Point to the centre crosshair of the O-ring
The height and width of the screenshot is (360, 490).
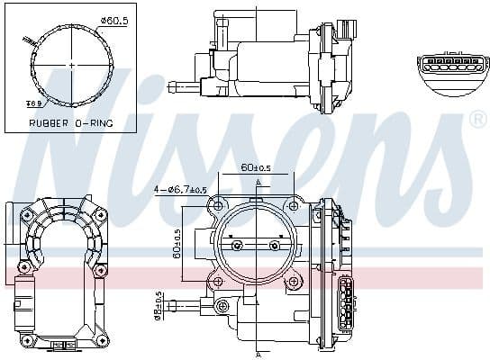point(70,65)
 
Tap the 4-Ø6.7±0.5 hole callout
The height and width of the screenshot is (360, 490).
point(180,189)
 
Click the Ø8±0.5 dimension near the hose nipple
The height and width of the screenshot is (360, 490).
point(159,305)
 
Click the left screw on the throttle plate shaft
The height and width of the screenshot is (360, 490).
point(236,245)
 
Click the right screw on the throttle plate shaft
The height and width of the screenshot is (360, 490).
point(275,245)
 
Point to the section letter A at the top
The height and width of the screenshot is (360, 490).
point(258,182)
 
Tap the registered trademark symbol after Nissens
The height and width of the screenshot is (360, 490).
point(477,120)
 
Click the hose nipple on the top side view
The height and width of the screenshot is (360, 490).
point(183,87)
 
